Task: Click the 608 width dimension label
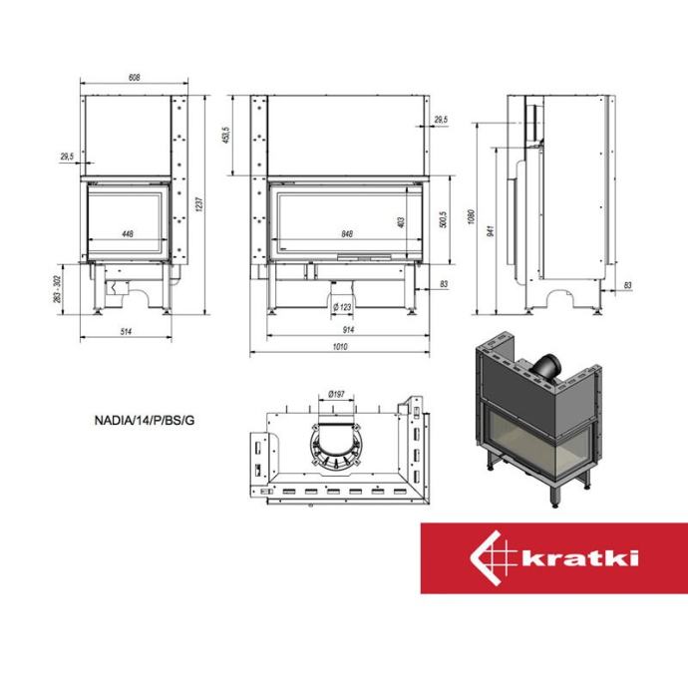point(134,77)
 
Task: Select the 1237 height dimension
point(198,204)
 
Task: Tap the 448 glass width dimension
point(128,234)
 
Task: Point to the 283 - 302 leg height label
point(57,289)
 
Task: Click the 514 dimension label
point(126,331)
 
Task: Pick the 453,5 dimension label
point(226,136)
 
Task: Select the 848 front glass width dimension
point(347,234)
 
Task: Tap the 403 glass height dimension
point(401,222)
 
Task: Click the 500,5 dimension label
point(443,219)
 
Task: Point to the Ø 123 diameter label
point(342,307)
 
